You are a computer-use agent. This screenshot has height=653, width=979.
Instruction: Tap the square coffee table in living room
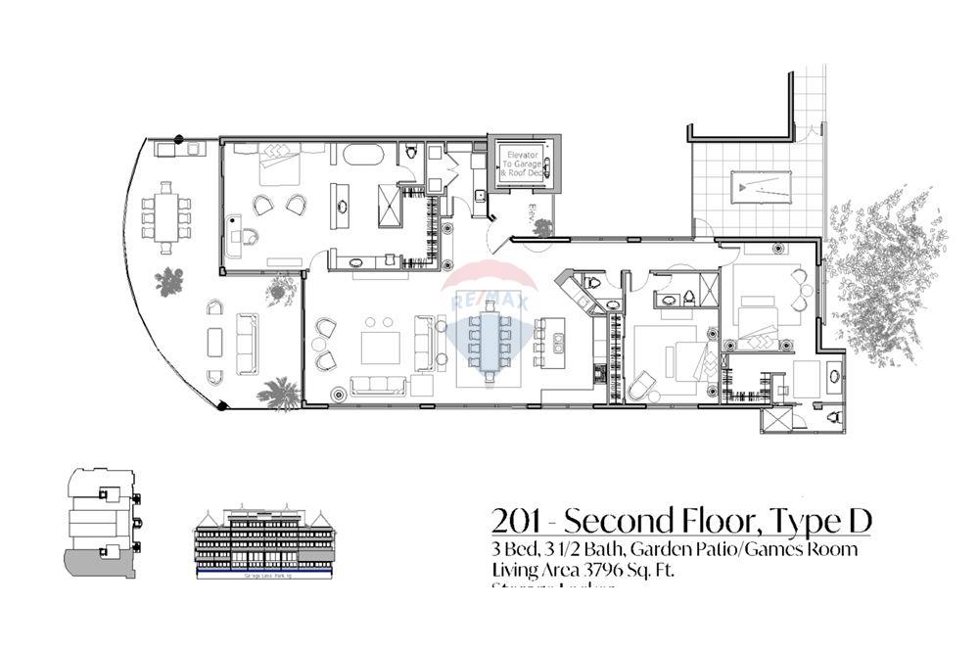click(380, 348)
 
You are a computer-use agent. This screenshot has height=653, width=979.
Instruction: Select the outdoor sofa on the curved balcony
click(248, 337)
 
